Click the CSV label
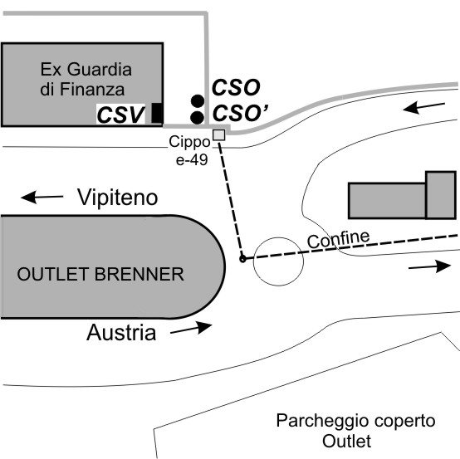120,115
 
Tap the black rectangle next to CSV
157,113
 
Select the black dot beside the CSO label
198,100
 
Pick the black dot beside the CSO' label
197,118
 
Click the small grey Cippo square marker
219,135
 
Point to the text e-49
192,160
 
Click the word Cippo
189,142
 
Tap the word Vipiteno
117,198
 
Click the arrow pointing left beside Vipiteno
42,197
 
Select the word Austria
121,333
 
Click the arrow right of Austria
191,328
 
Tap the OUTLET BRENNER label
100,274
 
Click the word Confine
338,239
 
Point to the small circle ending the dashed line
242,259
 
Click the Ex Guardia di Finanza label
86,79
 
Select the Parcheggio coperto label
355,421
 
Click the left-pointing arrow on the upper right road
424,107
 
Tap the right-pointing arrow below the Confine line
429,266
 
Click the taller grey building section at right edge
441,195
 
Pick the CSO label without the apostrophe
236,87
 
